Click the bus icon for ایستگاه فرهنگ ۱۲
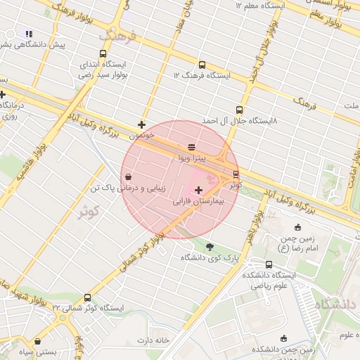[202, 65]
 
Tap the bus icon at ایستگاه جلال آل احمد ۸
[239, 110]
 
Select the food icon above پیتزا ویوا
[192, 147]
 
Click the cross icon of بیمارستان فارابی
[198, 190]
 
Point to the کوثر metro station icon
[236, 174]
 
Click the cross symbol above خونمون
[142, 124]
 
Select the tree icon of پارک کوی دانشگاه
[209, 246]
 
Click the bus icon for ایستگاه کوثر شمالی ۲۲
[87, 298]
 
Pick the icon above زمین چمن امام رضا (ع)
[297, 227]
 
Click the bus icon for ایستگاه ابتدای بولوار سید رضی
[103, 54]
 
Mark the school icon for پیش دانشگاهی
[29, 34]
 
